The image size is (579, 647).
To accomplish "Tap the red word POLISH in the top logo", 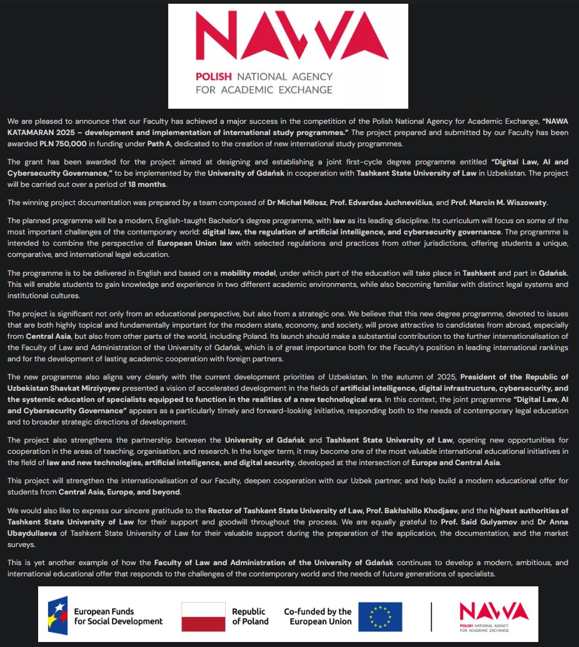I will [x=213, y=76].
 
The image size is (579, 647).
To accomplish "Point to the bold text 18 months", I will [x=148, y=184].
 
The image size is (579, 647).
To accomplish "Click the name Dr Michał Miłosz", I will [x=300, y=203].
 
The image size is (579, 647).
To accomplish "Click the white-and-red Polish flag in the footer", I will [x=203, y=616].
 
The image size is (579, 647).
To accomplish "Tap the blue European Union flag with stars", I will [x=380, y=616].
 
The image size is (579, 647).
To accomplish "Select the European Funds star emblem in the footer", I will [x=58, y=616].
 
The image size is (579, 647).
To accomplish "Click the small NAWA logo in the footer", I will [x=493, y=616].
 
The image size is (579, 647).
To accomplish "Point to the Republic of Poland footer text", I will [x=250, y=616].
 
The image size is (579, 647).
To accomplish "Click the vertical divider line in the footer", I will [x=431, y=616].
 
